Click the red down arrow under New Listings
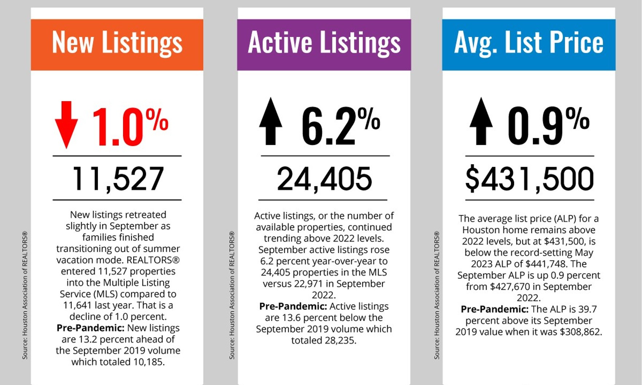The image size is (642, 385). point(66,124)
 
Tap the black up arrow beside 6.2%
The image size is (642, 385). point(271,122)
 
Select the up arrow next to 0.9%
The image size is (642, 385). point(481,122)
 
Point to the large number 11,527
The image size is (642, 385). point(118,179)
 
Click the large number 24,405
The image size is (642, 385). point(324,179)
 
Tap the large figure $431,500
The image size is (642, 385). point(529,179)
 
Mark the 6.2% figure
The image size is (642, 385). point(340,126)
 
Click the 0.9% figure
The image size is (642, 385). point(548,126)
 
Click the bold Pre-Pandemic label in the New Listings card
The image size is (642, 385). point(90,328)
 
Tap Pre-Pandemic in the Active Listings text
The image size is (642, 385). point(293,306)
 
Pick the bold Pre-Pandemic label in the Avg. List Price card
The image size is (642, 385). point(495,309)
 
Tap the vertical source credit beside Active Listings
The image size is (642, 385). point(232,295)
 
